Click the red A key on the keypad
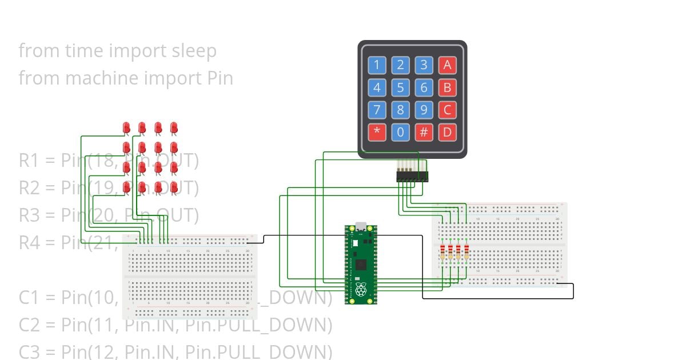(447, 65)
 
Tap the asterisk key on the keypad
(377, 133)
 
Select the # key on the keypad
(424, 133)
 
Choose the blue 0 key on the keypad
(400, 133)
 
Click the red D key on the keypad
(447, 133)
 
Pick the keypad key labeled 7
(377, 110)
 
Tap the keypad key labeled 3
(424, 65)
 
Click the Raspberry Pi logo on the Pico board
(361, 289)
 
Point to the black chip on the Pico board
(361, 265)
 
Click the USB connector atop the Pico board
(361, 226)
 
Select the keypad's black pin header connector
(412, 178)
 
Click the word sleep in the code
(194, 51)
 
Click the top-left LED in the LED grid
(126, 127)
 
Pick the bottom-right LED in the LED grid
(174, 186)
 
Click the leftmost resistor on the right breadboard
(442, 252)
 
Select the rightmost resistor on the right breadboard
(466, 252)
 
